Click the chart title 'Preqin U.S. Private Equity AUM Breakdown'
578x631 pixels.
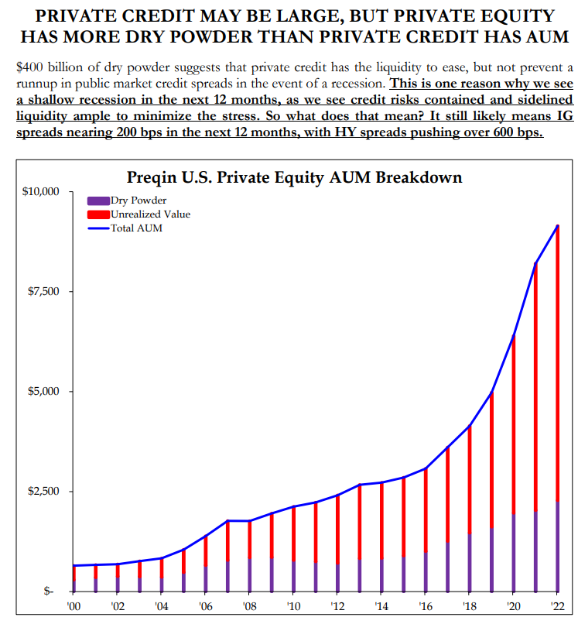293,177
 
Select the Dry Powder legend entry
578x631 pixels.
132,201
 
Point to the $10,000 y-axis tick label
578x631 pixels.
40,191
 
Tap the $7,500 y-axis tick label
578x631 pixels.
43,291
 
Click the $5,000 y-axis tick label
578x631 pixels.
43,391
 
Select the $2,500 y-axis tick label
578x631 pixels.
43,491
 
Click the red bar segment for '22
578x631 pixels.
556,364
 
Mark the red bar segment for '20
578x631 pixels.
512,426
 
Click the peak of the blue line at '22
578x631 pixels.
556,226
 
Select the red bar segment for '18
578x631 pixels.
469,480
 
